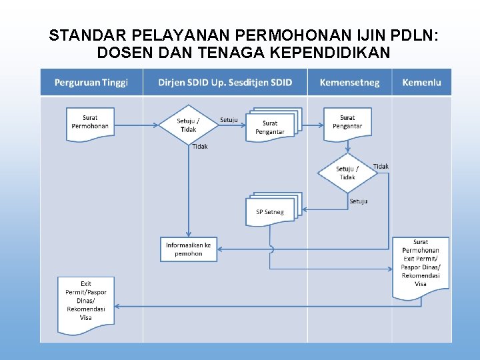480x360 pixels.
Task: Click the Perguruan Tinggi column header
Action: click(x=91, y=83)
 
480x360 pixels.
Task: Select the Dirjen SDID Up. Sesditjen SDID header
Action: click(x=225, y=83)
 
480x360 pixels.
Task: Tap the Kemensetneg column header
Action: click(x=349, y=83)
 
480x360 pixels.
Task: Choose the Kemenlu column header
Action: click(x=421, y=83)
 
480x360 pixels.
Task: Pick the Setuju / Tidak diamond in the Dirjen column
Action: click(x=188, y=125)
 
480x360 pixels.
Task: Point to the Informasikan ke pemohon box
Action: click(x=189, y=249)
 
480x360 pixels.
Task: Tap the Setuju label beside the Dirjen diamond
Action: click(x=229, y=120)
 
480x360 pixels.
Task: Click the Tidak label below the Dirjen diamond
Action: click(x=200, y=147)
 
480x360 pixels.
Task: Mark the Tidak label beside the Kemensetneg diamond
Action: click(x=381, y=166)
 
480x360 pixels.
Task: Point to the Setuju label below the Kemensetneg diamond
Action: click(x=359, y=201)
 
